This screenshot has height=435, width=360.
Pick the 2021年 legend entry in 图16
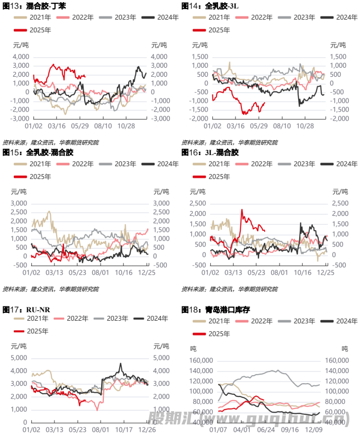coord(212,165)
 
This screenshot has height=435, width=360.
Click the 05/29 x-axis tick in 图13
coord(79,127)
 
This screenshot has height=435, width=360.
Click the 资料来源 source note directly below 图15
coord(50,289)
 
